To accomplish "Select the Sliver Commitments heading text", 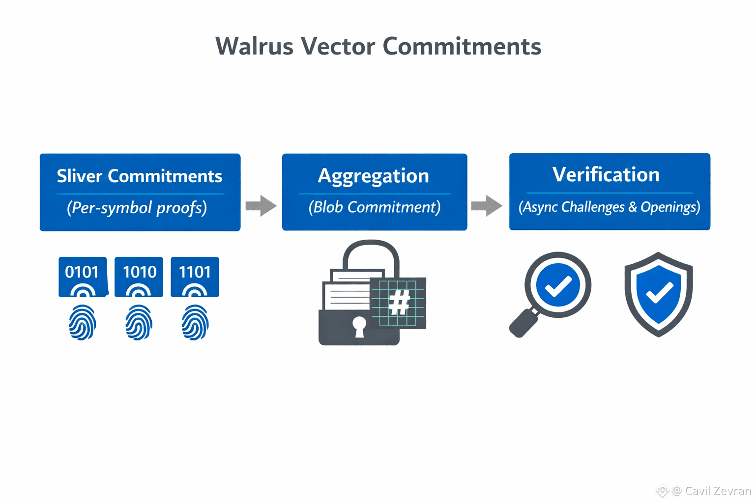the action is click(140, 176).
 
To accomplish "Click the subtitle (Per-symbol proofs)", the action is click(137, 208).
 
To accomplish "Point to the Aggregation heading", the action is click(374, 176).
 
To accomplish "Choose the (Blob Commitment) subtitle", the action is click(375, 207).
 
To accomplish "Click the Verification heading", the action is click(606, 175).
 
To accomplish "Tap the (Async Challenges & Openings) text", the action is click(610, 207).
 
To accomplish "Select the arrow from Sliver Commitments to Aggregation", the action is click(261, 206).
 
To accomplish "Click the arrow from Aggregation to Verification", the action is click(487, 206).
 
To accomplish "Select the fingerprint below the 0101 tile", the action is click(83, 323).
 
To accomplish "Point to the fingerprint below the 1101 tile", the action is click(195, 323).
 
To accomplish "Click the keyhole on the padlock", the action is click(359, 326).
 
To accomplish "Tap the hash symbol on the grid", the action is click(399, 302).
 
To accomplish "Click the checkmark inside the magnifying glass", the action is click(558, 285).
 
